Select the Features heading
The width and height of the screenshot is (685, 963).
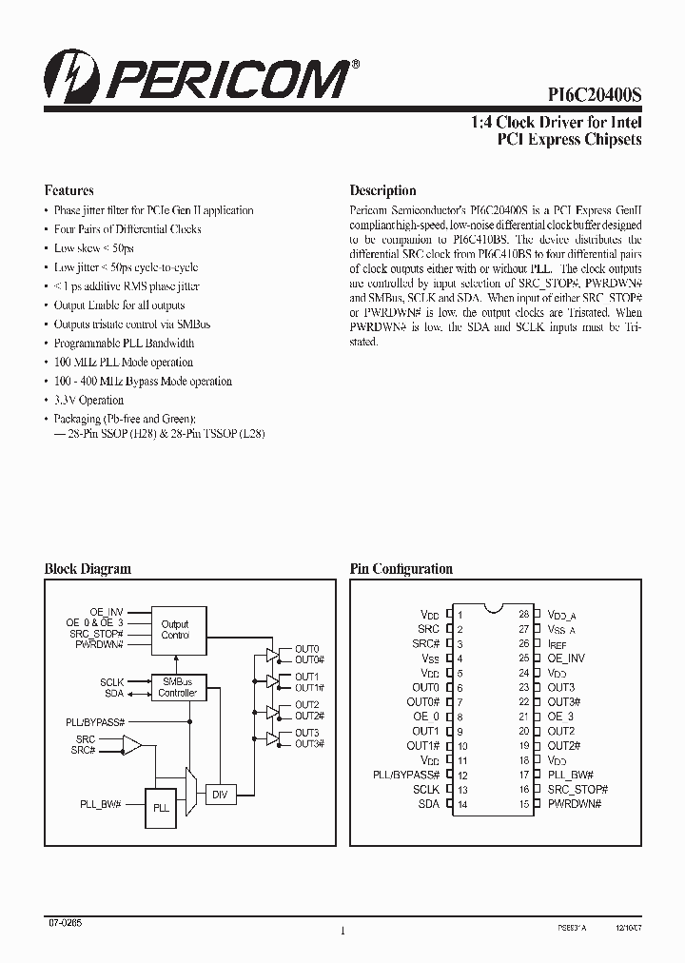[69, 190]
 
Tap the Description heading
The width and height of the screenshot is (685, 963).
[382, 190]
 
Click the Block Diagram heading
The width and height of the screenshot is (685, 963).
[88, 569]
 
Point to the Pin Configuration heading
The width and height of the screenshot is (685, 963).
[401, 569]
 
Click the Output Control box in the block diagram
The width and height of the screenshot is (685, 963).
[175, 629]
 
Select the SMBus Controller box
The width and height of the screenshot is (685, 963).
[177, 688]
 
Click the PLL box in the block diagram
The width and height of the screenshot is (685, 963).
[162, 807]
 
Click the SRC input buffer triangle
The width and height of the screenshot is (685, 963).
[131, 744]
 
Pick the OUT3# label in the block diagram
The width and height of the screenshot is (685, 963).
[309, 743]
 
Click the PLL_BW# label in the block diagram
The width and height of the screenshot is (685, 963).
[100, 804]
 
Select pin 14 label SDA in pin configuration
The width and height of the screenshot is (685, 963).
[428, 804]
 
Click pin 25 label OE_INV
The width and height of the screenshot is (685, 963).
[566, 658]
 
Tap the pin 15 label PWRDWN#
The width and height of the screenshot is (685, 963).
[575, 804]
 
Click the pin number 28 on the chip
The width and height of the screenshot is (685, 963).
[523, 614]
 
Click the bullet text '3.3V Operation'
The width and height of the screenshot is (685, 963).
[88, 400]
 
